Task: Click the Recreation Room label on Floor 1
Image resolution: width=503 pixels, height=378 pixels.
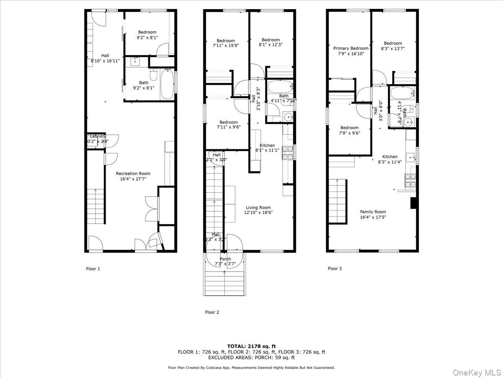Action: (x=133, y=173)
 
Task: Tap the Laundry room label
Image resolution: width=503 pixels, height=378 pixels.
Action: (x=98, y=136)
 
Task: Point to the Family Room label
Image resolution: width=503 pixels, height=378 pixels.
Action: (x=373, y=212)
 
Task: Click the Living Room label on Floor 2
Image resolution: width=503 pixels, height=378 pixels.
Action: (x=258, y=207)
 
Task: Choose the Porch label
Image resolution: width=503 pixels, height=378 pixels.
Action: (x=226, y=259)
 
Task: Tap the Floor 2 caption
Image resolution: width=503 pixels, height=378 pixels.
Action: (x=212, y=312)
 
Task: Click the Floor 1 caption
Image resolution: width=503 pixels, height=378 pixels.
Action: (x=93, y=269)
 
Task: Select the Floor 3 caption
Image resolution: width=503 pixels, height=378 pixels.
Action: (x=334, y=269)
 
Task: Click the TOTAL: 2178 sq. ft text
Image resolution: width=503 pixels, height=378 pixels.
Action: (x=251, y=346)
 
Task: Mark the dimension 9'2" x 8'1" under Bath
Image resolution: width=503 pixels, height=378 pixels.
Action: (x=144, y=88)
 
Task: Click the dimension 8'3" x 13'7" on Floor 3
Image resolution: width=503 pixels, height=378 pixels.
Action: (x=393, y=49)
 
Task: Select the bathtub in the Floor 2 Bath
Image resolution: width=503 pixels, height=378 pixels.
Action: (x=280, y=88)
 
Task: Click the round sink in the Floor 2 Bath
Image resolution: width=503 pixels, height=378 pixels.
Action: (x=288, y=117)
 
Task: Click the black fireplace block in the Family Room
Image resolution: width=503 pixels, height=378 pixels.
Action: (x=413, y=203)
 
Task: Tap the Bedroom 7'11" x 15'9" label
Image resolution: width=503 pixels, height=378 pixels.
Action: (x=226, y=41)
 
